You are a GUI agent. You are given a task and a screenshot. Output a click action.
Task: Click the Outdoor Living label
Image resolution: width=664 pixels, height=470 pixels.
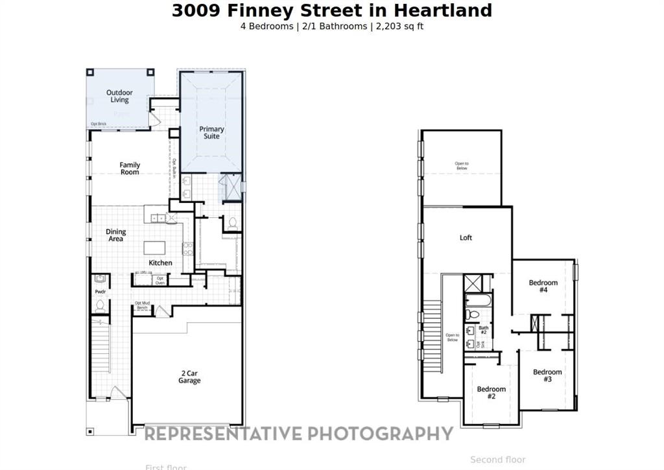click(119, 97)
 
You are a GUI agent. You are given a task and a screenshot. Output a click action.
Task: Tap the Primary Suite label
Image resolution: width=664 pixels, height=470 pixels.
click(211, 132)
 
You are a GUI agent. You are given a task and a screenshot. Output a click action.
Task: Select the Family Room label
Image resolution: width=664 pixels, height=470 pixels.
click(130, 169)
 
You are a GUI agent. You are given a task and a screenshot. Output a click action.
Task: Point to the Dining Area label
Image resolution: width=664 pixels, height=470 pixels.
click(116, 235)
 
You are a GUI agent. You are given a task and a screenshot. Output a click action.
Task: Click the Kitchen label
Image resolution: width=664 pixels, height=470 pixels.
click(160, 263)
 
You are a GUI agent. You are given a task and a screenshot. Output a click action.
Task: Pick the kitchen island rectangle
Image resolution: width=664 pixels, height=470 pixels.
click(154, 248)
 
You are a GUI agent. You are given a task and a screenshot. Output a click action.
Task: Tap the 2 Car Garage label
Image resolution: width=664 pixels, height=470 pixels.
click(189, 377)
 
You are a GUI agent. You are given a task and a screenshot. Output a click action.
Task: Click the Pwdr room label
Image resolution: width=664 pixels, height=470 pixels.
click(100, 292)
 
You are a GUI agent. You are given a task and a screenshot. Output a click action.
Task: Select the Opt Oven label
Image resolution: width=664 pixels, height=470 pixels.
click(160, 280)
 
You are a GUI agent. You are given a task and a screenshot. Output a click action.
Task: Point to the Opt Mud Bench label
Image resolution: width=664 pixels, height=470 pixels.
click(142, 305)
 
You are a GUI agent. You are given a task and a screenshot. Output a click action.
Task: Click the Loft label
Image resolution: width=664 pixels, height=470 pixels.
click(466, 238)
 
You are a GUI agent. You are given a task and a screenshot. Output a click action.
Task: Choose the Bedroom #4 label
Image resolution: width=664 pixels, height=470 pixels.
click(543, 286)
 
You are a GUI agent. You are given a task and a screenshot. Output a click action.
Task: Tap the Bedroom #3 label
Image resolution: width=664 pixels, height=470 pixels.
click(547, 375)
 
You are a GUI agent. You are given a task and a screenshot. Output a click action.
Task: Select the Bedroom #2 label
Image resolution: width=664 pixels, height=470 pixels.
click(491, 392)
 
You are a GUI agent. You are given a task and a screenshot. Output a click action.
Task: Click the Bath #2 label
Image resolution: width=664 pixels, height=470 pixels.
click(483, 330)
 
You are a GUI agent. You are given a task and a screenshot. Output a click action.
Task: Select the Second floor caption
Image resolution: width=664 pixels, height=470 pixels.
click(497, 460)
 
